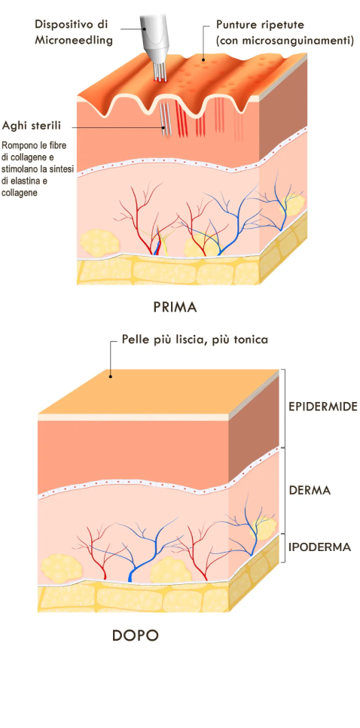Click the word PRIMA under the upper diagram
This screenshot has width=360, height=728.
click(174, 307)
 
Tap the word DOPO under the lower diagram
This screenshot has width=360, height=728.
click(135, 635)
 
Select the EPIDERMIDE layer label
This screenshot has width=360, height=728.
click(323, 407)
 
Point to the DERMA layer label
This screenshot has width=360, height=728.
click(310, 490)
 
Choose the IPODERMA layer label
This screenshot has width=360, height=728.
click(319, 546)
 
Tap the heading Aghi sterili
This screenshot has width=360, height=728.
click(32, 126)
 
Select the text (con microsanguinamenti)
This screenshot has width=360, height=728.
click(285, 41)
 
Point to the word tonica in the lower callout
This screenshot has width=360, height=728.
click(253, 340)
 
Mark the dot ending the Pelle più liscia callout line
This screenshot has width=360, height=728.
click(110, 375)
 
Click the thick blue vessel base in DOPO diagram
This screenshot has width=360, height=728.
click(131, 576)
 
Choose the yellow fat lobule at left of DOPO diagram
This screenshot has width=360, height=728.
click(61, 566)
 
